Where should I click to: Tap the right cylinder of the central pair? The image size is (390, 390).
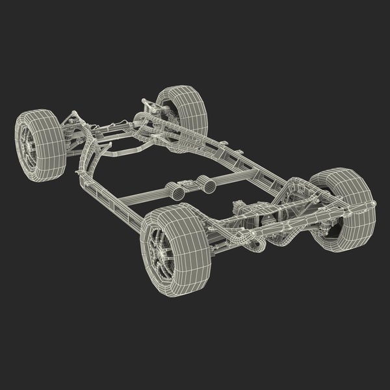210,186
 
